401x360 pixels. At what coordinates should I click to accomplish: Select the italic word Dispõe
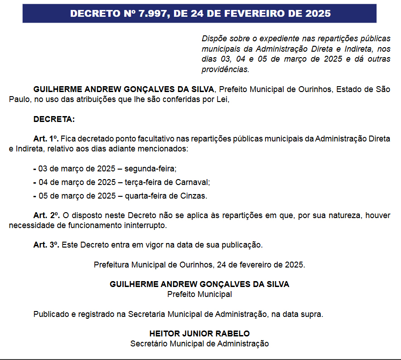pos(214,39)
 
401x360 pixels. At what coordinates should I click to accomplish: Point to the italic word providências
pos(225,69)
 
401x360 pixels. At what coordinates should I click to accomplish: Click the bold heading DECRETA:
pos(54,120)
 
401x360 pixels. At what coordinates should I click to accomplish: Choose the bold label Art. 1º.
pos(46,139)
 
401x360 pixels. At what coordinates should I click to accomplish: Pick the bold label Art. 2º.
pos(46,215)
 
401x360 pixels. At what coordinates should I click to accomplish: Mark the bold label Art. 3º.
pos(46,245)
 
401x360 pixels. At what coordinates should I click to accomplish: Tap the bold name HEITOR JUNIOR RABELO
pos(199,334)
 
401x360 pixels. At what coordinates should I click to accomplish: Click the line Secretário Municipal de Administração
pos(199,344)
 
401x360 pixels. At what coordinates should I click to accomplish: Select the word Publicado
pos(50,314)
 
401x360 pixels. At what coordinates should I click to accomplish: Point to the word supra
pos(313,314)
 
